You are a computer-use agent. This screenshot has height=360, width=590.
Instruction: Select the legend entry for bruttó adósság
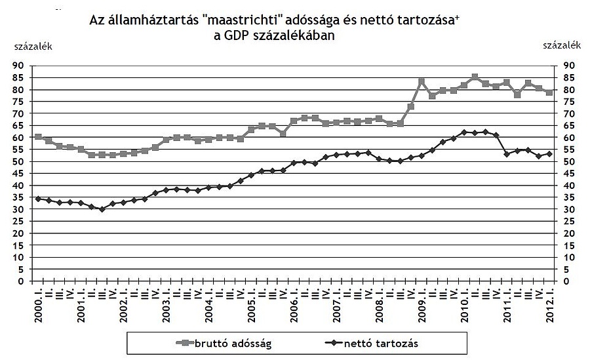(219, 342)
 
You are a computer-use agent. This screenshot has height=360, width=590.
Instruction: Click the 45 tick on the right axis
(569, 173)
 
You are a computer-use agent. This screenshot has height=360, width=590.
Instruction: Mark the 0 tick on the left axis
(21, 281)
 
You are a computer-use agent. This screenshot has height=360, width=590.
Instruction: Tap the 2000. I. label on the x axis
(38, 304)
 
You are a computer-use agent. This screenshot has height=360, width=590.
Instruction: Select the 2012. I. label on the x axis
(549, 304)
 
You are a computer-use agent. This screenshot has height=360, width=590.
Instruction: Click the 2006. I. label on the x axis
(294, 304)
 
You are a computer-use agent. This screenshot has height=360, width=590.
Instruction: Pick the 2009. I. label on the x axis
(422, 304)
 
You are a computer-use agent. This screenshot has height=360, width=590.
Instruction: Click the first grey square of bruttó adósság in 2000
(38, 137)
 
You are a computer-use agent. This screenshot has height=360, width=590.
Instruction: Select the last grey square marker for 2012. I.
(549, 92)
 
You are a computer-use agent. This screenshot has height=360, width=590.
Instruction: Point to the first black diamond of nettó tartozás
(38, 198)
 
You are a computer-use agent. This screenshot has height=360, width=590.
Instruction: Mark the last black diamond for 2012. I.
(549, 153)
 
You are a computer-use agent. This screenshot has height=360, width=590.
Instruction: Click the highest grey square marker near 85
(475, 77)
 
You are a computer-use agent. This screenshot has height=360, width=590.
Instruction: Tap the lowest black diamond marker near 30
(102, 209)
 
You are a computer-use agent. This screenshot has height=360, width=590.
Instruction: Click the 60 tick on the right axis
(569, 138)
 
